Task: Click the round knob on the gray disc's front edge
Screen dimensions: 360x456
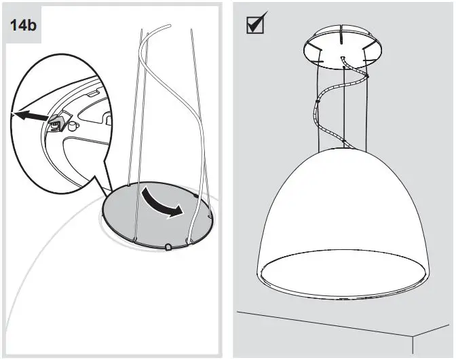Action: click(x=167, y=246)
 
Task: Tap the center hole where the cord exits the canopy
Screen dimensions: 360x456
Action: click(x=343, y=58)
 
